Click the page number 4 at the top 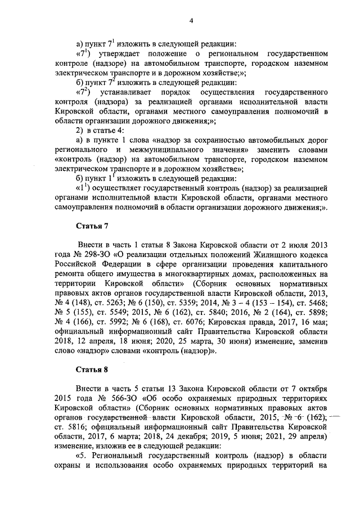[191, 21]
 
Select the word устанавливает [130, 92]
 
